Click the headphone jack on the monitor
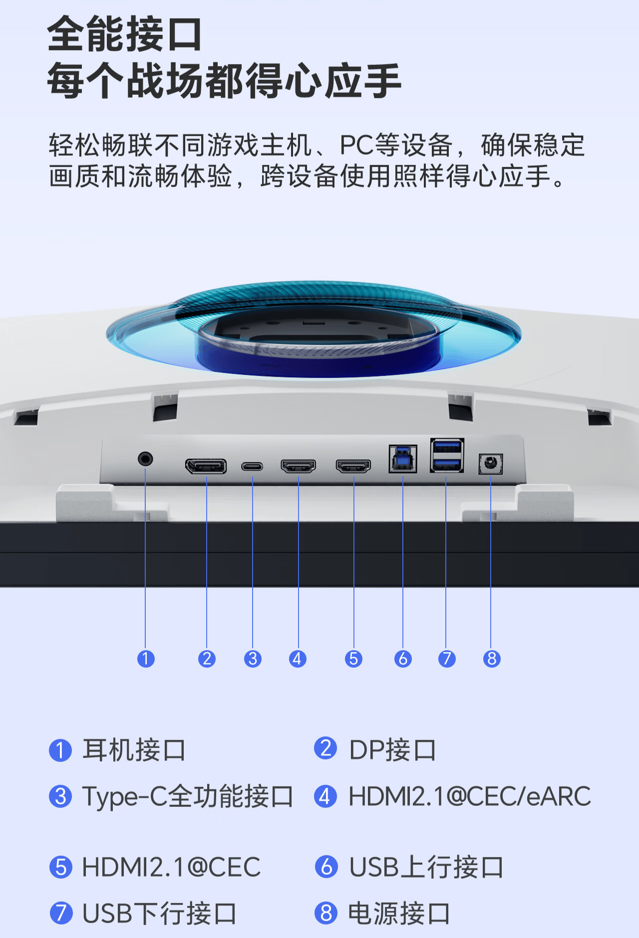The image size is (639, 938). pyautogui.click(x=145, y=458)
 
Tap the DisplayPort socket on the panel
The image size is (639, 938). pyautogui.click(x=206, y=466)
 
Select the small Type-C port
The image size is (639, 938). pyautogui.click(x=252, y=467)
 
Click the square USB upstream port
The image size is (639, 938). pyautogui.click(x=403, y=459)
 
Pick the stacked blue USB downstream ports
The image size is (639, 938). pyautogui.click(x=447, y=455)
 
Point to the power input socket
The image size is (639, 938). pyautogui.click(x=490, y=464)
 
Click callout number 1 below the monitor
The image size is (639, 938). pyautogui.click(x=146, y=659)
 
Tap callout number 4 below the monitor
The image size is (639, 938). pyautogui.click(x=298, y=659)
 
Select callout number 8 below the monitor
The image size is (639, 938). pyautogui.click(x=492, y=659)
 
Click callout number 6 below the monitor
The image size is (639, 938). pyautogui.click(x=403, y=659)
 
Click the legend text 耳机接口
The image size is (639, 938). pyautogui.click(x=134, y=750)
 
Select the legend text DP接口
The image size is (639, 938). pyautogui.click(x=392, y=750)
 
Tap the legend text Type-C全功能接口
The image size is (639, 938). pyautogui.click(x=188, y=796)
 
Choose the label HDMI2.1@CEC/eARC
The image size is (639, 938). pyautogui.click(x=469, y=796)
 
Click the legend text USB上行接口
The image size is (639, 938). pyautogui.click(x=426, y=867)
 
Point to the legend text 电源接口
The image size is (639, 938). pyautogui.click(x=399, y=914)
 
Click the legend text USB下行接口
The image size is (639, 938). pyautogui.click(x=159, y=914)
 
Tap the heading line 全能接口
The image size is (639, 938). pyautogui.click(x=125, y=34)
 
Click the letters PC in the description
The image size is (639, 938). pyautogui.click(x=356, y=146)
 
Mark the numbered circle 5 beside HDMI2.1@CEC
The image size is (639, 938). pyautogui.click(x=61, y=867)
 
